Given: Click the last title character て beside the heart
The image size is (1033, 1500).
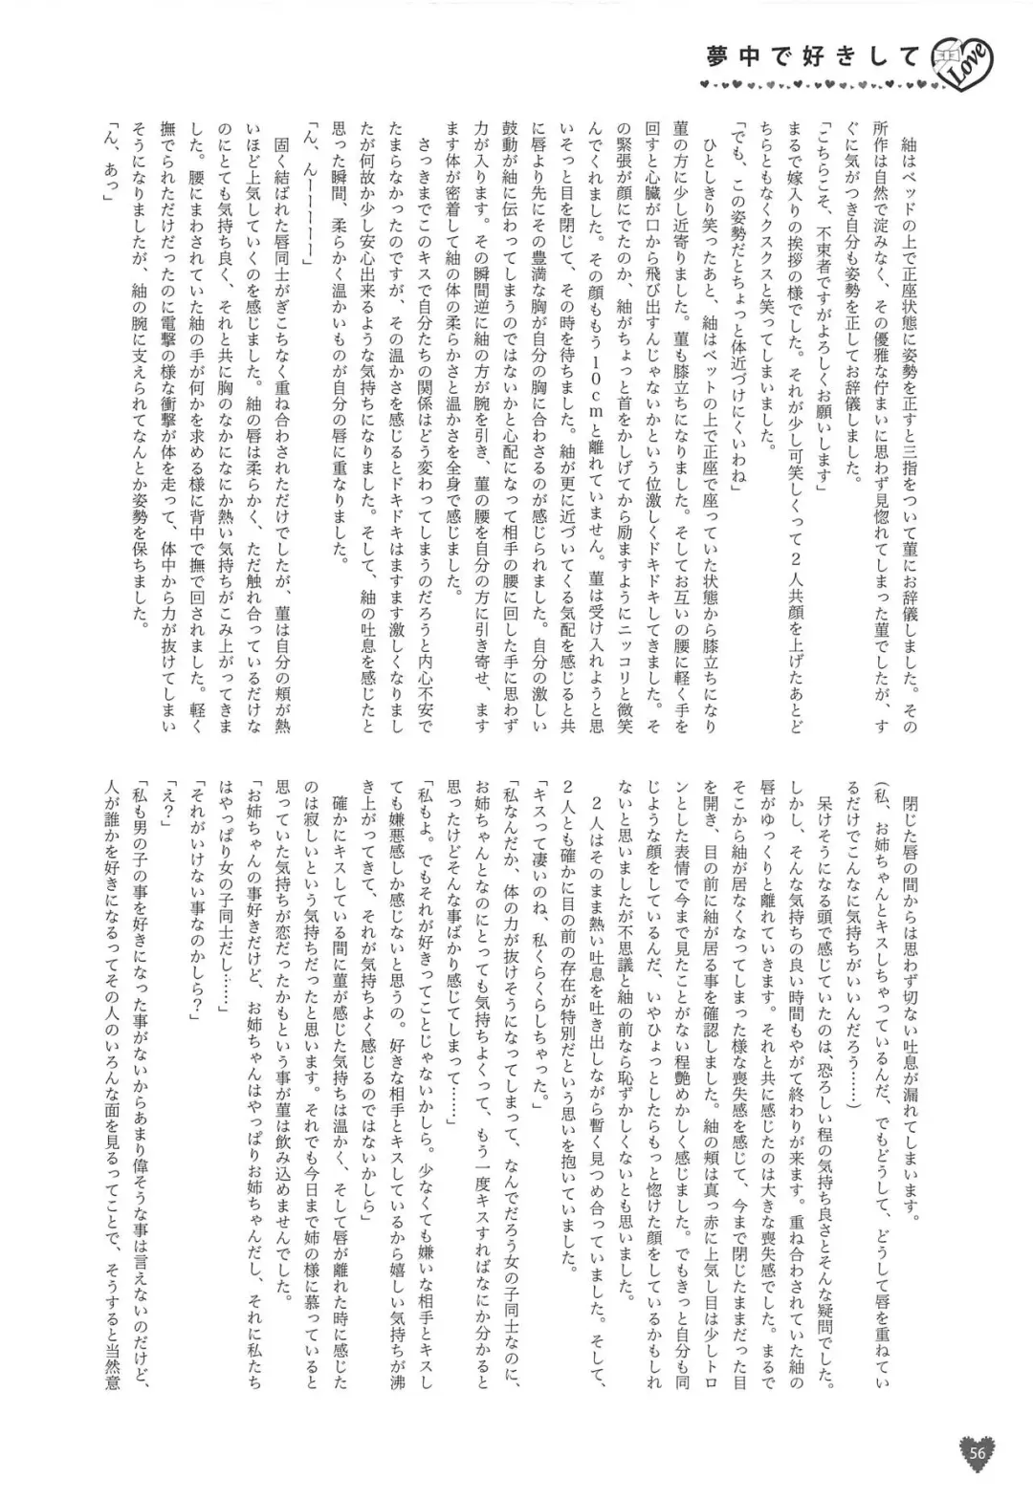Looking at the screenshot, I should tap(918, 59).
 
